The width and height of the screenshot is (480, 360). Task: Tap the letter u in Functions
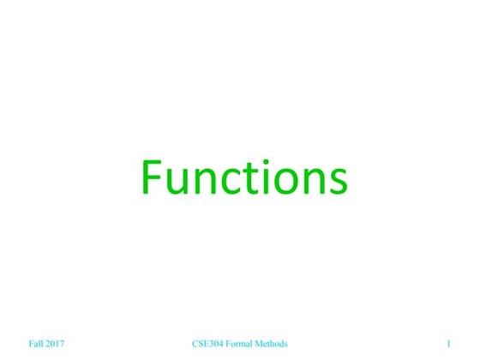(x=175, y=182)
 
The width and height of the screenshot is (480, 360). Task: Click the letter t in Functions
(x=243, y=179)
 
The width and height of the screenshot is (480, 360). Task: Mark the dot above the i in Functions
(x=259, y=163)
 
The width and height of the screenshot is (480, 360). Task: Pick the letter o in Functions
(x=279, y=182)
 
